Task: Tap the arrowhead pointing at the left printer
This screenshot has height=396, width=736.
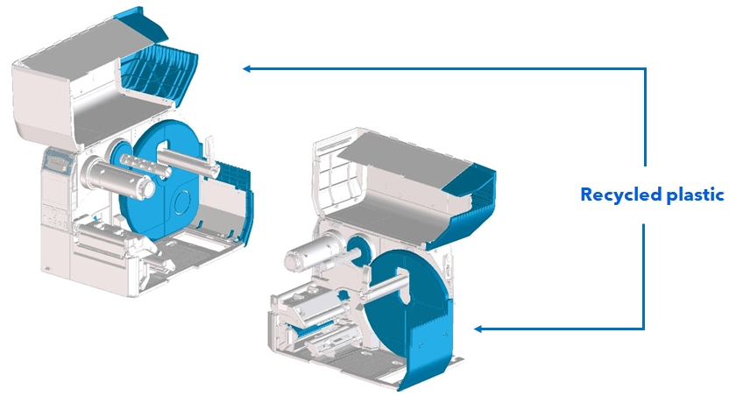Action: tap(248, 68)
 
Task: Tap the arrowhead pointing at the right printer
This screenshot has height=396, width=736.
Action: tap(478, 329)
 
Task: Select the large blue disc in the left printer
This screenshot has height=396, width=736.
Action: tap(166, 188)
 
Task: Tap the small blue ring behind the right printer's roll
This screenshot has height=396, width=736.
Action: tap(357, 246)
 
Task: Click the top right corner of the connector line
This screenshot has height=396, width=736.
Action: tap(645, 68)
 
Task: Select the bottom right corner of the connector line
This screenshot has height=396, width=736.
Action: tap(645, 329)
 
